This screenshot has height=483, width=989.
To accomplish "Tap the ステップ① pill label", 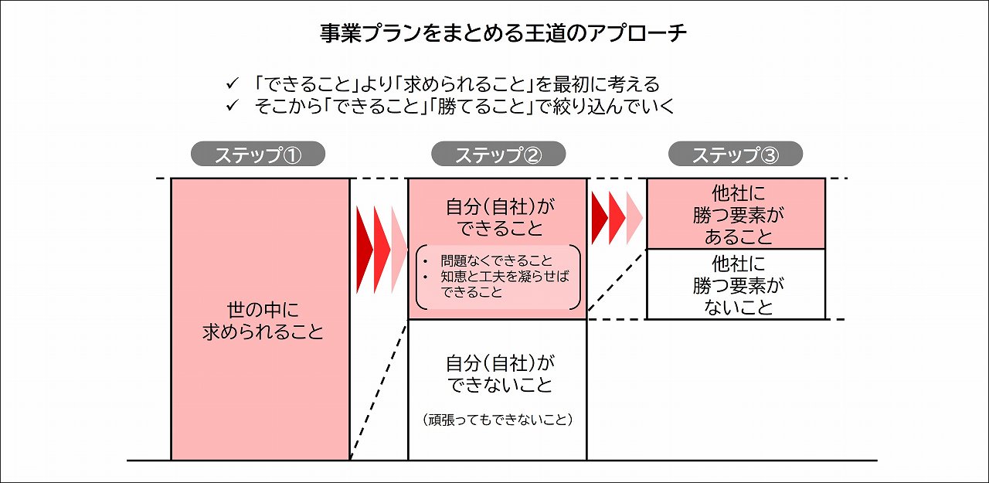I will pyautogui.click(x=258, y=155).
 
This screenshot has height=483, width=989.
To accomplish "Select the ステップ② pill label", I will pyautogui.click(x=498, y=155).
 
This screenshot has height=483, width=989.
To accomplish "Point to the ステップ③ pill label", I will pyautogui.click(x=735, y=155).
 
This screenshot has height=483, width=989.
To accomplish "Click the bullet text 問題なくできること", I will pyautogui.click(x=497, y=261).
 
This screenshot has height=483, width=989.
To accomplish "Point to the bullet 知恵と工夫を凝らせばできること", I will pyautogui.click(x=504, y=284).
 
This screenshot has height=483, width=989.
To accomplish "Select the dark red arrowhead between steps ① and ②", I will pyautogui.click(x=364, y=250).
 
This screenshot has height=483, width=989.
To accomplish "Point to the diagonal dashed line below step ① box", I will pyautogui.click(x=379, y=390).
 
